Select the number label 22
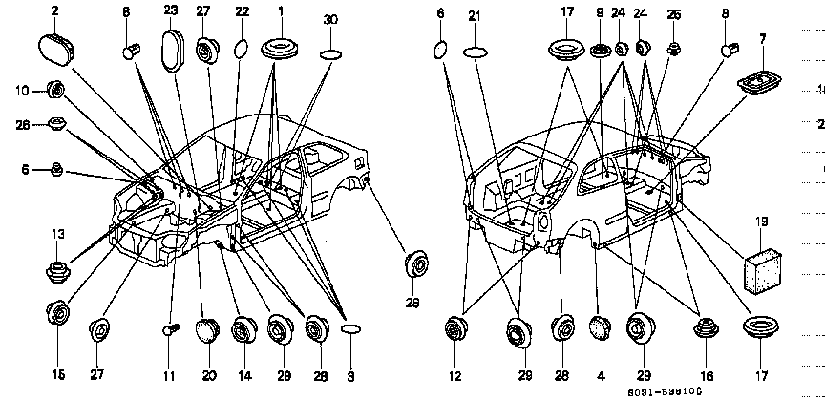(242, 10)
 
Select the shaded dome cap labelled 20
(206, 329)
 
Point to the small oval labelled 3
(350, 328)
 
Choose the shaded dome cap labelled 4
(599, 328)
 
